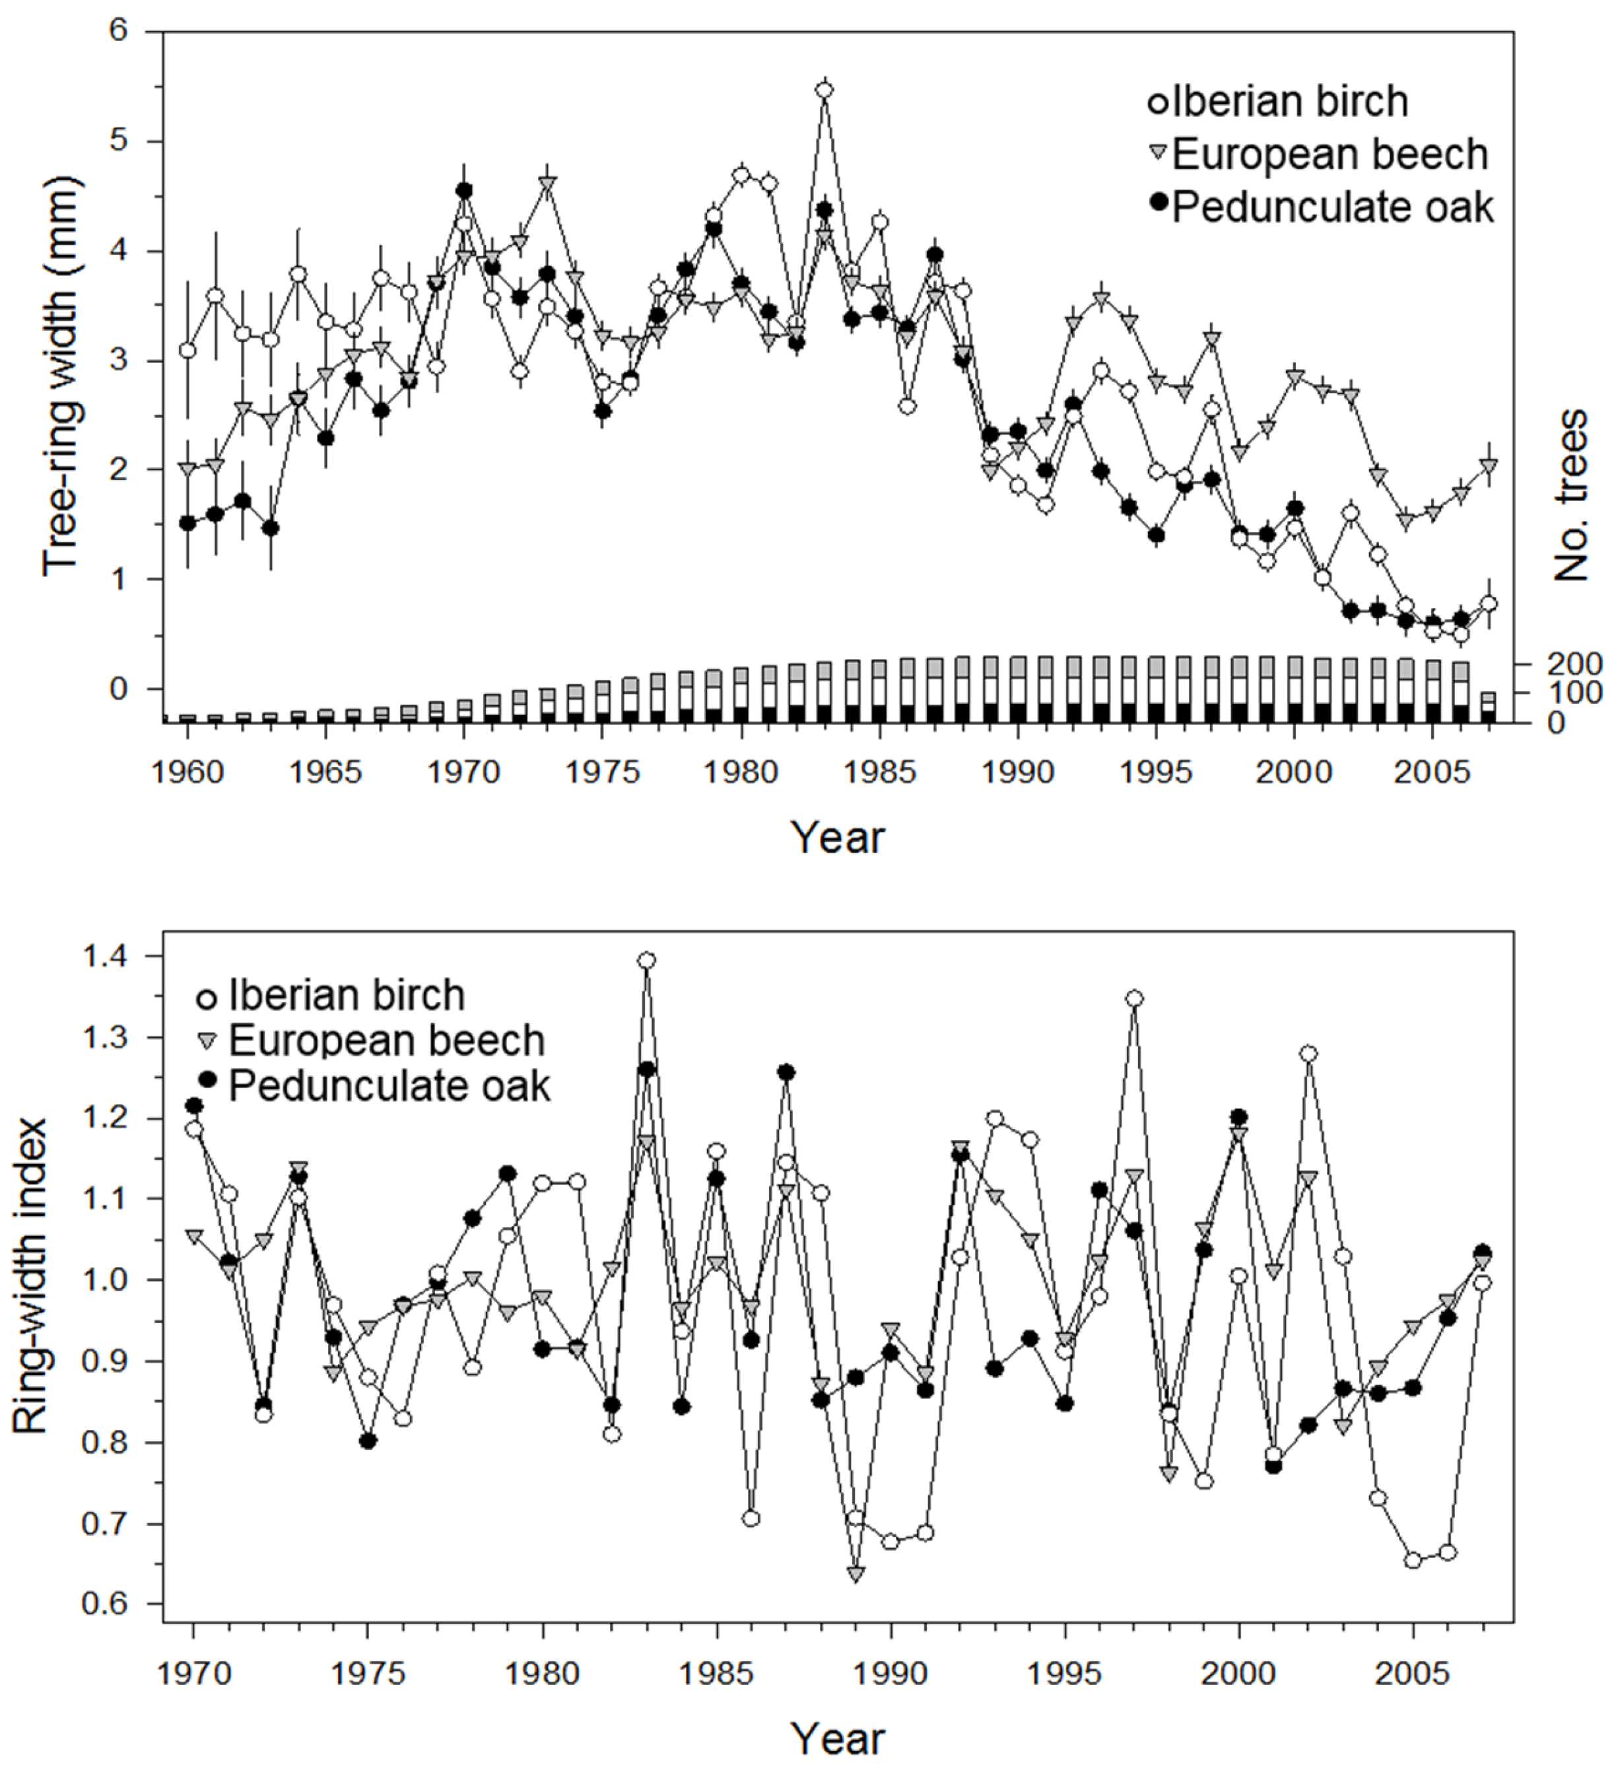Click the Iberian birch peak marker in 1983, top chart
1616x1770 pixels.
pyautogui.click(x=823, y=90)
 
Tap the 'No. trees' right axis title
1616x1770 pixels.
pyautogui.click(x=1571, y=495)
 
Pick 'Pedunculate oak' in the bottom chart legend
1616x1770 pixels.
pyautogui.click(x=388, y=1086)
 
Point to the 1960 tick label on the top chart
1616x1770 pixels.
pyautogui.click(x=187, y=772)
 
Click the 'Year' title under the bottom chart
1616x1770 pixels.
pyautogui.click(x=838, y=1738)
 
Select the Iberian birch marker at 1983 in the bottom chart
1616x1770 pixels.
pyautogui.click(x=647, y=961)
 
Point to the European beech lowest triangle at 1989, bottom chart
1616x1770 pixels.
pyautogui.click(x=856, y=1573)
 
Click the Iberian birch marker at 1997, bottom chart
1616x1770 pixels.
pyautogui.click(x=1134, y=998)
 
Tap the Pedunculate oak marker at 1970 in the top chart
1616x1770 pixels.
pyautogui.click(x=464, y=191)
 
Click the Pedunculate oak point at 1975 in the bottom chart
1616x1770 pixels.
pyautogui.click(x=368, y=1441)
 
